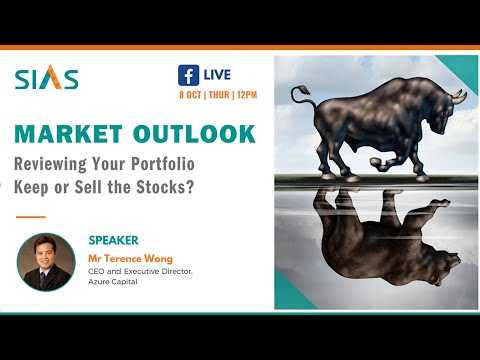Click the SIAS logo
click(47, 79)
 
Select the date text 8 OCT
click(193, 95)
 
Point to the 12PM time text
click(246, 95)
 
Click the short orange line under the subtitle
click(31, 216)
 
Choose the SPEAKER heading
click(115, 241)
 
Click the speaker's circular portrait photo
click(46, 262)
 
